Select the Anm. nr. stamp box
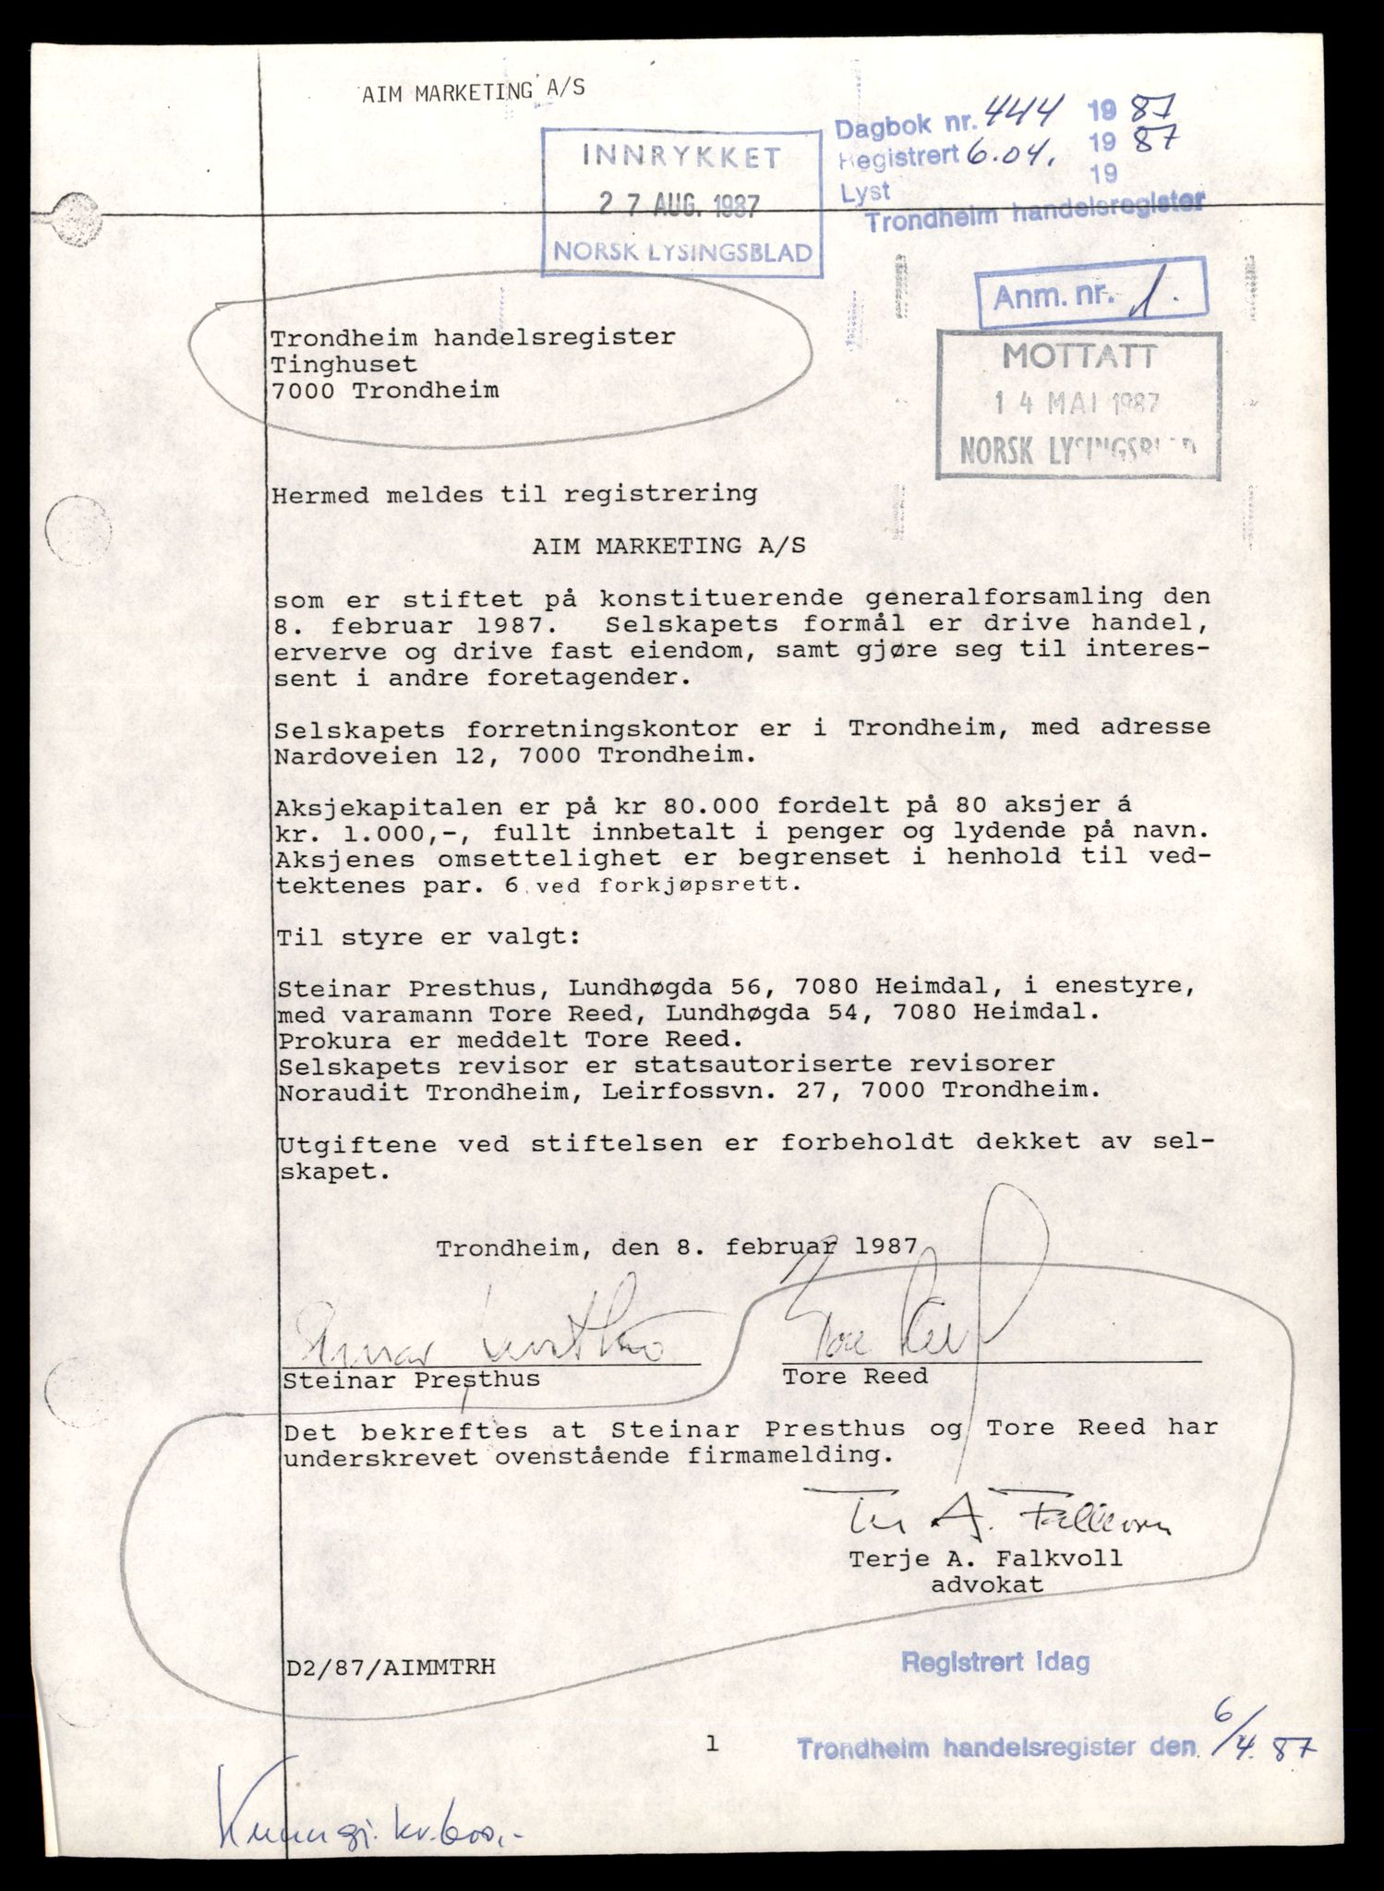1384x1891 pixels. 1090,295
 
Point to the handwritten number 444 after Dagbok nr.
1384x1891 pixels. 1008,114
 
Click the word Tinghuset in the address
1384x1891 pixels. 343,364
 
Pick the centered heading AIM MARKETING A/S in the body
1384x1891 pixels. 668,546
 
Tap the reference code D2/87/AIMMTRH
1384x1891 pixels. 390,1667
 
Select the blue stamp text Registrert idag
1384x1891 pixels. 995,1662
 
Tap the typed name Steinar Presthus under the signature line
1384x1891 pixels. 411,1381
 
